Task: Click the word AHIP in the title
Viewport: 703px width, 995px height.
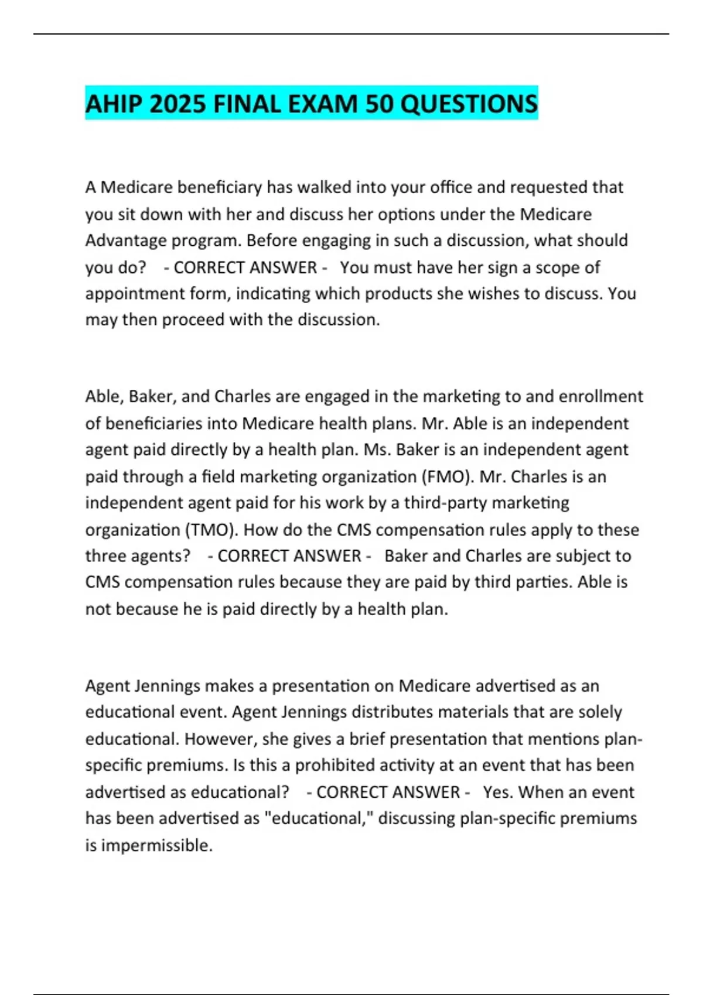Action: tap(114, 104)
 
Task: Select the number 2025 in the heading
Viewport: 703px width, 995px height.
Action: tap(178, 104)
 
